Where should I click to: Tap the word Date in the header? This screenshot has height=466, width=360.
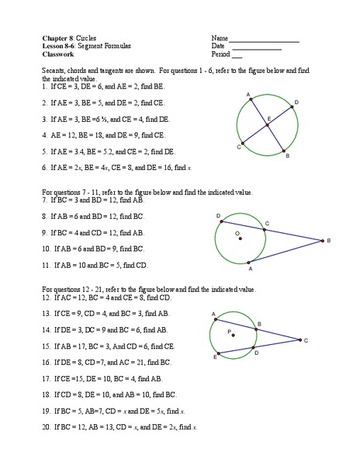tap(216, 46)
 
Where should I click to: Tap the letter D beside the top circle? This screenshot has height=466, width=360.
tap(296, 102)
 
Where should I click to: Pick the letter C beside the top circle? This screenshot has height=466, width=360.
tap(238, 147)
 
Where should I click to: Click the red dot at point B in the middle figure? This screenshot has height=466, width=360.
tap(320, 241)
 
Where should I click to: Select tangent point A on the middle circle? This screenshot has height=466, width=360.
tap(251, 263)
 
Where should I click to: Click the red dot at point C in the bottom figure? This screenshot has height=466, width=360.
tap(298, 339)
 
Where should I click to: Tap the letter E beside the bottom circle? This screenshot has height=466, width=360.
tap(214, 357)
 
